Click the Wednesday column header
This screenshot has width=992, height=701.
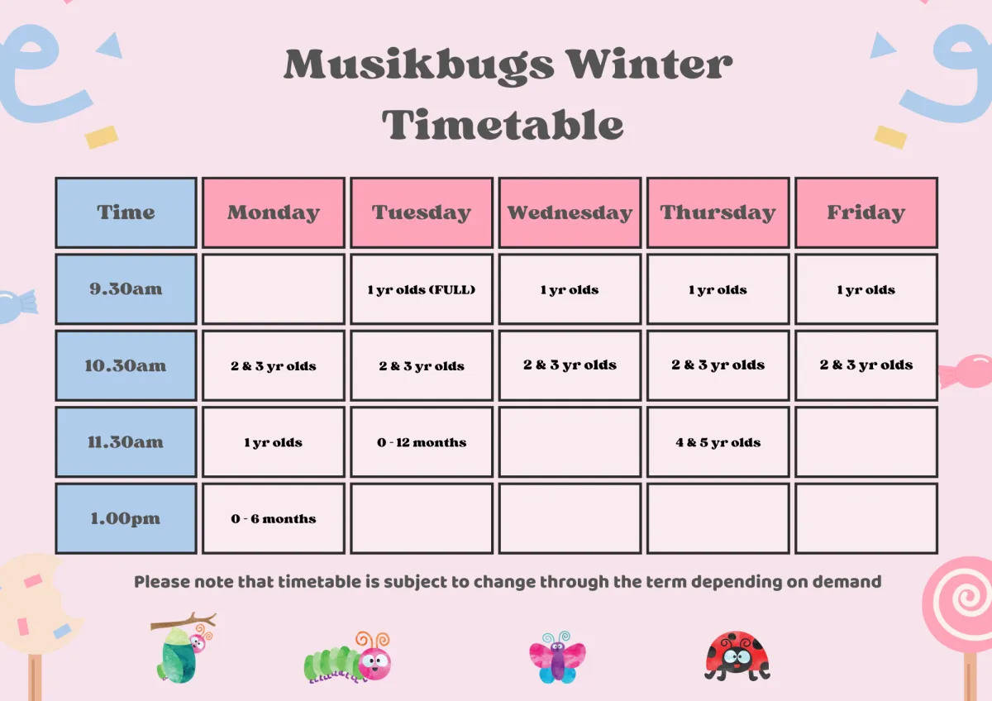coord(570,212)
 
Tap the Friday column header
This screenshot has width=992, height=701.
coord(866,212)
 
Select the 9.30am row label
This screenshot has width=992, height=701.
coord(126,289)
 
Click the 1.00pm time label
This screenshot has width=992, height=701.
coord(126,518)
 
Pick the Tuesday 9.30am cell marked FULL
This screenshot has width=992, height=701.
coord(422,289)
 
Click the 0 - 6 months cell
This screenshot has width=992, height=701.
coord(274,518)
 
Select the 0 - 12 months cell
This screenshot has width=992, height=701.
coord(422,442)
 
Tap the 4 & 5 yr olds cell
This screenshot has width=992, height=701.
coord(718,442)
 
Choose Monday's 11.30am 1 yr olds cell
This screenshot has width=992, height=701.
coord(274,442)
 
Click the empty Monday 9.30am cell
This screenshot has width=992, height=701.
coord(274,289)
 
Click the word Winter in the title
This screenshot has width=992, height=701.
coord(649,64)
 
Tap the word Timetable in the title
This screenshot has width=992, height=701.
coord(503,125)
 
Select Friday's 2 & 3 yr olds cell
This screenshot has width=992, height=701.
coord(866,365)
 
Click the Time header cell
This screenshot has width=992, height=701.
coord(126,212)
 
